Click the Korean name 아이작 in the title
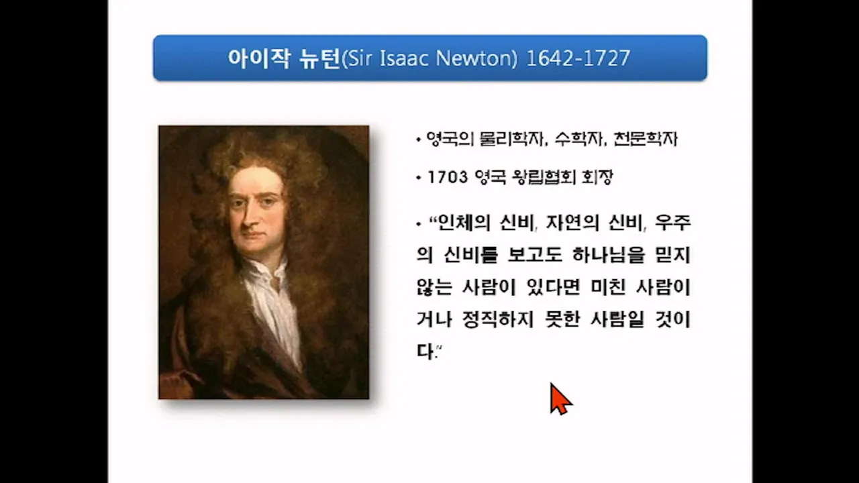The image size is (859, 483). [x=259, y=58]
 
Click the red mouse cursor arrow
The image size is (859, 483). [x=560, y=398]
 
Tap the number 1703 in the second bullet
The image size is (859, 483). [x=448, y=178]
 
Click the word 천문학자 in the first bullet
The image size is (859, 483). [x=646, y=139]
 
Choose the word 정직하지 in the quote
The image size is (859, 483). [x=498, y=319]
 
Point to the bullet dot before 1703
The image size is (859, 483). [x=418, y=178]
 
